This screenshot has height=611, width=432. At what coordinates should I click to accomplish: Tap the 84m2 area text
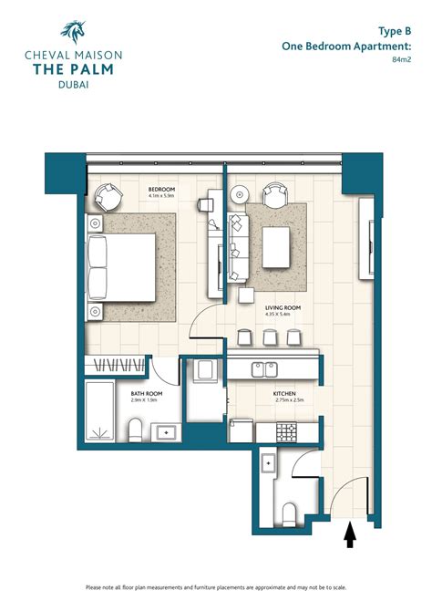[401, 62]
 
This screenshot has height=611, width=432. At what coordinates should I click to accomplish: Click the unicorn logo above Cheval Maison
[72, 32]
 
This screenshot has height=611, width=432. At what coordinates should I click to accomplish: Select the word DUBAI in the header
[72, 86]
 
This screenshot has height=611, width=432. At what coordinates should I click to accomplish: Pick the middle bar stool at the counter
[269, 337]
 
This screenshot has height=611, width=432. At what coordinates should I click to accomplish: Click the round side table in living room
[239, 194]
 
